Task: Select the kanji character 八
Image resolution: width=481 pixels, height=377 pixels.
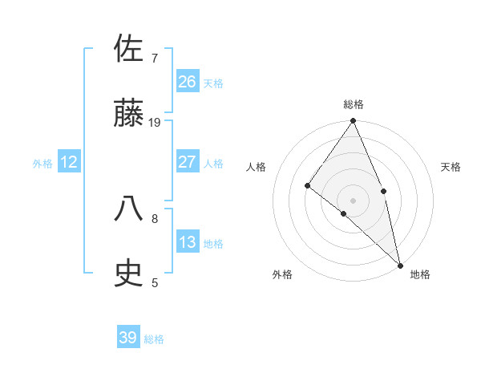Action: click(x=129, y=209)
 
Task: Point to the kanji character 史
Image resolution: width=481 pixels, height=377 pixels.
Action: click(x=129, y=274)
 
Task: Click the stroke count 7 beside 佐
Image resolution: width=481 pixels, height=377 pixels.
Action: click(x=154, y=58)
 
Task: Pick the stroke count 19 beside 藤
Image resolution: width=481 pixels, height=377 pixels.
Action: click(x=155, y=123)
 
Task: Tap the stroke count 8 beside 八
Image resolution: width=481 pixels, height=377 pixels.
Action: click(x=154, y=217)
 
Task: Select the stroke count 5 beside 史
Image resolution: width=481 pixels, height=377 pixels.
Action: click(x=154, y=282)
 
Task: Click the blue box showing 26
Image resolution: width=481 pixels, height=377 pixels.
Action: click(x=187, y=81)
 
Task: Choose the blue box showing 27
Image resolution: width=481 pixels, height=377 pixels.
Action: click(x=187, y=162)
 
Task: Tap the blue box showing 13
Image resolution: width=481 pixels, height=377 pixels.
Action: click(x=187, y=242)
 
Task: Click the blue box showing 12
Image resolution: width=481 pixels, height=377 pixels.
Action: click(x=69, y=162)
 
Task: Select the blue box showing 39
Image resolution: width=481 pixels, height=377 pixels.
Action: click(x=127, y=338)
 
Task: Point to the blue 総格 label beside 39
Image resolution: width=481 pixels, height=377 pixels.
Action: click(x=154, y=339)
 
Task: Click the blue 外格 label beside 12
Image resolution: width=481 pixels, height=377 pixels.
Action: click(x=42, y=164)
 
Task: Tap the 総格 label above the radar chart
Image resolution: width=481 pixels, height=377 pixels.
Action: click(x=353, y=104)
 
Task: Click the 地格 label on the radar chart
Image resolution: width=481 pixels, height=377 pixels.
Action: click(x=420, y=274)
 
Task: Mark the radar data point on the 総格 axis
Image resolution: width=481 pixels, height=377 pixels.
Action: click(x=353, y=122)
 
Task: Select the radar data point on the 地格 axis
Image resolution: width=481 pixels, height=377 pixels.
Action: click(x=400, y=265)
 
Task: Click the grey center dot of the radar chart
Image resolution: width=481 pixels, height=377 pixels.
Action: click(x=353, y=200)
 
